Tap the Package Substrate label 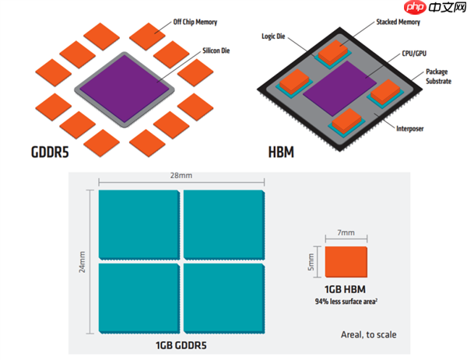pos(437,77)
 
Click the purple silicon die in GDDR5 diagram pos(125,86)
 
